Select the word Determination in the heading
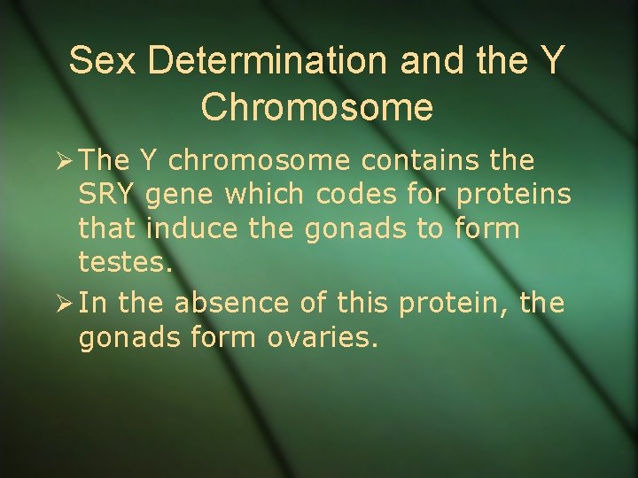click(267, 60)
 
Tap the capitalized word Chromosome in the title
click(317, 106)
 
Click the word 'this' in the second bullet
click(362, 304)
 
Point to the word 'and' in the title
click(430, 60)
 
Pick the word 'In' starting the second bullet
click(93, 304)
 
